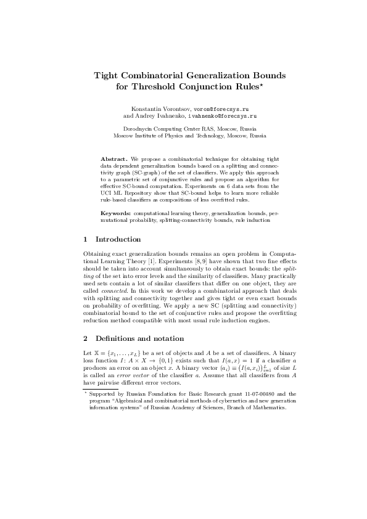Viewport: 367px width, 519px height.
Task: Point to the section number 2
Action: pos(85,338)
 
